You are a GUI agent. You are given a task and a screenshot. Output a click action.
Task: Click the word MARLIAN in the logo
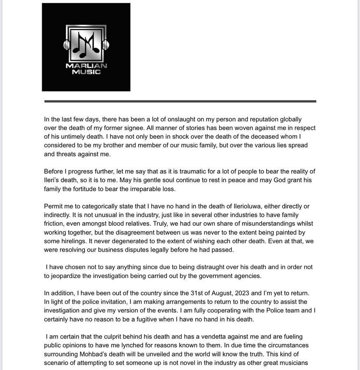[86, 66]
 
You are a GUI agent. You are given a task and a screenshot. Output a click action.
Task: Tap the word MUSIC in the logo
[86, 72]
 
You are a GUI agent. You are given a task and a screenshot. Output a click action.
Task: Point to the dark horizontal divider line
[180, 101]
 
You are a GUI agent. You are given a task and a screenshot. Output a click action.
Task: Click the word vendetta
[234, 337]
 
